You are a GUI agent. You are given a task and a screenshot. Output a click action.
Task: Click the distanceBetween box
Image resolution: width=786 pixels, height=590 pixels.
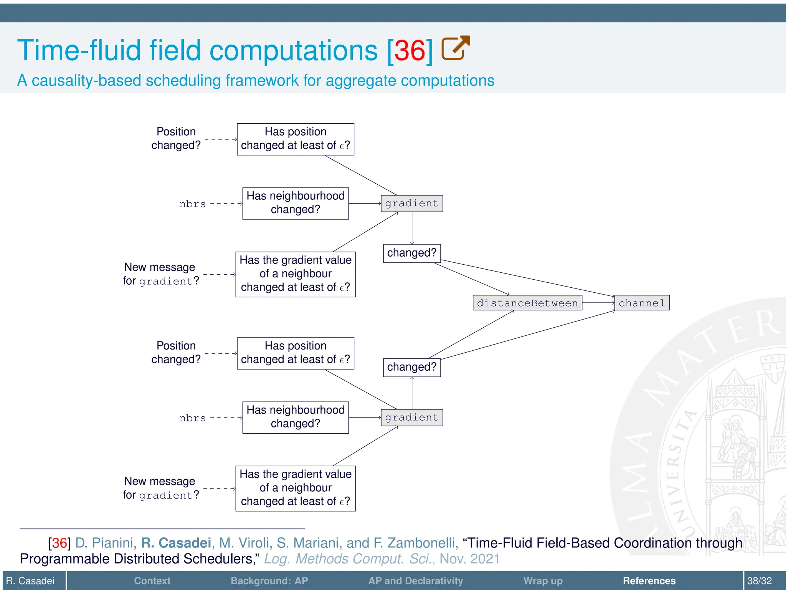(x=527, y=303)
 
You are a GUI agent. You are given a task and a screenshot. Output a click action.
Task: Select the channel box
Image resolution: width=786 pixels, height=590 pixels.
(x=642, y=303)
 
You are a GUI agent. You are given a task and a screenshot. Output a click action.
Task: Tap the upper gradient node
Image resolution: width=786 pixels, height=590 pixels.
(x=411, y=204)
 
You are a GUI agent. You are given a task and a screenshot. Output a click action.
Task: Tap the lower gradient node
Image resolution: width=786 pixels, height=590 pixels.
(x=411, y=418)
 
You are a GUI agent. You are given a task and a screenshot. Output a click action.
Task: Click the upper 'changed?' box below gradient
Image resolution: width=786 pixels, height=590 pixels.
(x=411, y=253)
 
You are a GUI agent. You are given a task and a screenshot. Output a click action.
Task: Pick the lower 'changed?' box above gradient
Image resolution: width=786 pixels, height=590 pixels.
(x=411, y=367)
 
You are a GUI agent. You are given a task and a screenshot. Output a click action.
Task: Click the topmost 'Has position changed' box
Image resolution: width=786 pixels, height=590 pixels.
(x=295, y=139)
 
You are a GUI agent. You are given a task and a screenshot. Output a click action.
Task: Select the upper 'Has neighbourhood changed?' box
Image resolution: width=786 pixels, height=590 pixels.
(x=295, y=203)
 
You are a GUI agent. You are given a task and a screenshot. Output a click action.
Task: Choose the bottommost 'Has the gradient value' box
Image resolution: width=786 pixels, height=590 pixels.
(x=295, y=488)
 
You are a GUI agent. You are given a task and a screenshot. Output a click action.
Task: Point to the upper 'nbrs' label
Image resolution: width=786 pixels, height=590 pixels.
(x=192, y=204)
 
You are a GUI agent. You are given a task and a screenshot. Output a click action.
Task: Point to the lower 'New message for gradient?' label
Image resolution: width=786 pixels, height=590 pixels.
(x=161, y=488)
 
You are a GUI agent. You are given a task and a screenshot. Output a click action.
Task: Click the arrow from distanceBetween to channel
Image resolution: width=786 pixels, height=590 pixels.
(x=598, y=303)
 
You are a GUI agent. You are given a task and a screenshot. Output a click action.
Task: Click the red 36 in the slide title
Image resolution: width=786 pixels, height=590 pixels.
(x=410, y=51)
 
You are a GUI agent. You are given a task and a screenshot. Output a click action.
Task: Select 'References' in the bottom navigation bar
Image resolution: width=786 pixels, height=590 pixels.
(x=649, y=581)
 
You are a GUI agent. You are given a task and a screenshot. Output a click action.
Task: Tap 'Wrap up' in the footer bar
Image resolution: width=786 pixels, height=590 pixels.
(x=543, y=581)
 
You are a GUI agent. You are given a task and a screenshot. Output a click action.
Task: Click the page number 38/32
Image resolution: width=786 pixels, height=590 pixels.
(x=759, y=581)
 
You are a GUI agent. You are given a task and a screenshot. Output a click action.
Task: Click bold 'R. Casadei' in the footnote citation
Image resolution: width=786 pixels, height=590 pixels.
(x=176, y=543)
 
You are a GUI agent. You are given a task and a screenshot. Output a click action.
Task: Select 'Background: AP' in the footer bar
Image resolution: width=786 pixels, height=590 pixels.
(x=269, y=581)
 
